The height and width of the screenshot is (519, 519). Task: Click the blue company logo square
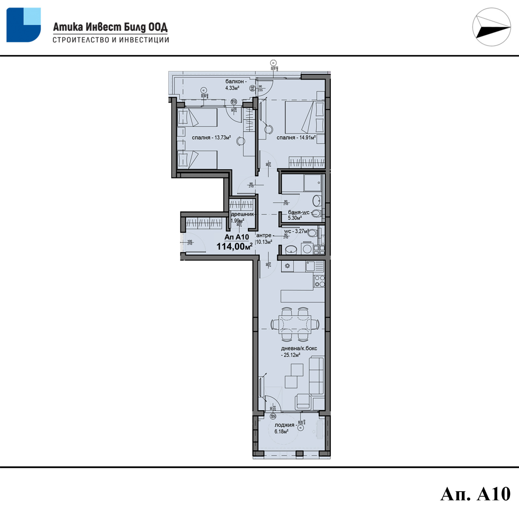click(x=23, y=25)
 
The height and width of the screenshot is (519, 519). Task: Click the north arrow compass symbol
click(x=491, y=27)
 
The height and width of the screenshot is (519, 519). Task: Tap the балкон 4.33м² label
click(x=235, y=85)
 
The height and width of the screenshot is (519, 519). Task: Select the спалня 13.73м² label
click(x=211, y=138)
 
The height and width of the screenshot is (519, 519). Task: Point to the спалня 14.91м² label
click(x=296, y=138)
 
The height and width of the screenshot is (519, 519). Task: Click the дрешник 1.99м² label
click(x=241, y=217)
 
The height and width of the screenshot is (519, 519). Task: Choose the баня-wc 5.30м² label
click(x=298, y=215)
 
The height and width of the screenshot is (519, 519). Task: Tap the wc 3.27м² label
click(x=296, y=231)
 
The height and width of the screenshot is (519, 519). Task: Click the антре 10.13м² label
click(x=264, y=238)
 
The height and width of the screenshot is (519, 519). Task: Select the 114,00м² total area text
click(x=234, y=247)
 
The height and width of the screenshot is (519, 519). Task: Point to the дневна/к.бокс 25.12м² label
click(x=299, y=352)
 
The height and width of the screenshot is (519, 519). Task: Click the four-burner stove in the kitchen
click(x=319, y=281)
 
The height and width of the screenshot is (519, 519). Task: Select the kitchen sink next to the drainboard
click(x=310, y=266)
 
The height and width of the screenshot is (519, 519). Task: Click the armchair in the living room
click(x=303, y=402)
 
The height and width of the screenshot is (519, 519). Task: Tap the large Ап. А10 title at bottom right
click(x=475, y=494)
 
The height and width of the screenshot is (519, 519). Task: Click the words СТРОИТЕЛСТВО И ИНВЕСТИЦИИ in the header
click(x=111, y=40)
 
